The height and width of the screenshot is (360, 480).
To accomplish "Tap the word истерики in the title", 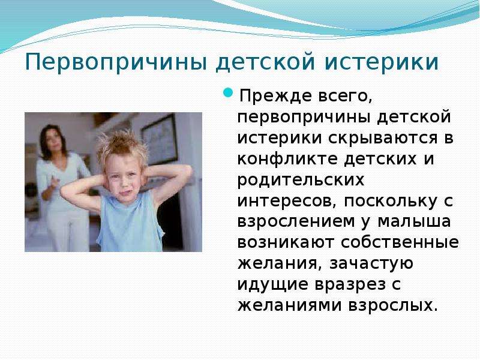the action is [x=382, y=62].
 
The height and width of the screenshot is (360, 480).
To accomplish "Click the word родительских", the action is [x=301, y=181].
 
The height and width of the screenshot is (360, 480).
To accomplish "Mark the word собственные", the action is [x=400, y=243].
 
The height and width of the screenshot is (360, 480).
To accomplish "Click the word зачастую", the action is [x=371, y=264].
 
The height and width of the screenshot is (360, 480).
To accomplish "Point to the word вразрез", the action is [x=350, y=285].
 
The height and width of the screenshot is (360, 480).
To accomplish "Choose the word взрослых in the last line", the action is [x=393, y=305].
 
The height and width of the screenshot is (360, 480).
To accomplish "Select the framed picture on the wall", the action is [x=159, y=140].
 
